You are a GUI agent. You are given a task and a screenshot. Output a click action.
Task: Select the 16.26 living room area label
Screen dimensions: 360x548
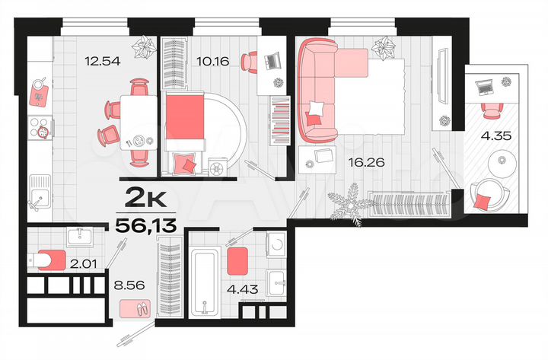coord(361,161)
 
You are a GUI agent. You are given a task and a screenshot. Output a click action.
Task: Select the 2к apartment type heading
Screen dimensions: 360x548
coord(145,199)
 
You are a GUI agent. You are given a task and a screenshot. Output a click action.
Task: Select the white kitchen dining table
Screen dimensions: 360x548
coord(138,123)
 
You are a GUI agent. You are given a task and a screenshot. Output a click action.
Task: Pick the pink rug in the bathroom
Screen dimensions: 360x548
coord(238,260)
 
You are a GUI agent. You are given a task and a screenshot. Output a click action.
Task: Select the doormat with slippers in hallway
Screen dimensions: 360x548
coord(135,308)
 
